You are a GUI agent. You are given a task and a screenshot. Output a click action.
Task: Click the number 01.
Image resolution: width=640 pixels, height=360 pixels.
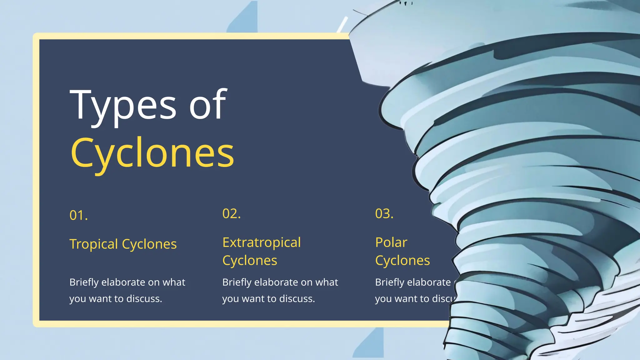tap(78, 215)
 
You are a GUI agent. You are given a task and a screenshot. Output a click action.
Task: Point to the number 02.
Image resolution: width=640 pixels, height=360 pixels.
tap(231, 214)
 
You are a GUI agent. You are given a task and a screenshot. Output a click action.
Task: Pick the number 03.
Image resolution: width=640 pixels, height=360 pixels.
tap(384, 214)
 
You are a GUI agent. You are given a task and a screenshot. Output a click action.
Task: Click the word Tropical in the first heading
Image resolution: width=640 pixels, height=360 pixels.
tap(94, 244)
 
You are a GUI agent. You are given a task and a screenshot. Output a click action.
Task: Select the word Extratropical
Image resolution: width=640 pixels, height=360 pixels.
tap(262, 242)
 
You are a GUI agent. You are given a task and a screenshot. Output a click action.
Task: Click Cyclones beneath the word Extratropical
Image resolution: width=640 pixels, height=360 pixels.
tap(250, 261)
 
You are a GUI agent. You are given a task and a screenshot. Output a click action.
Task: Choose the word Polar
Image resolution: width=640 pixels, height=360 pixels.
tap(391, 242)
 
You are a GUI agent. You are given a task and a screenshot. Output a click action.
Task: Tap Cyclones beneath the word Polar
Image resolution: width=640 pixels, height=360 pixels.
tap(402, 261)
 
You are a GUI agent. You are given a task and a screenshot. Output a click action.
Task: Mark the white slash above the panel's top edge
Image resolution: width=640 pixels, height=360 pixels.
tap(342, 24)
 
